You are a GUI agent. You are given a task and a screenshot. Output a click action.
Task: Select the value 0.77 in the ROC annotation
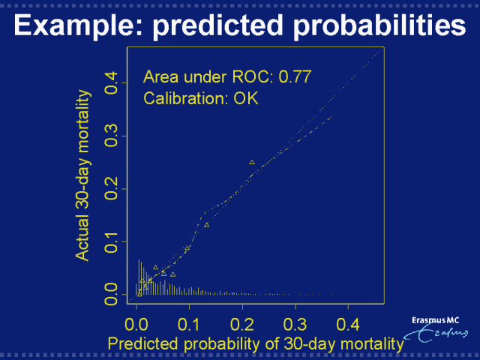(294, 76)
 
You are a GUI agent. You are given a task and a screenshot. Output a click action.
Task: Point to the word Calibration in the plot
(186, 98)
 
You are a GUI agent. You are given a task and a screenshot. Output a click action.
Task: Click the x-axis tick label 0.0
(136, 324)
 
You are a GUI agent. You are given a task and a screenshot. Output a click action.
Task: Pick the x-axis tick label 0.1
(190, 324)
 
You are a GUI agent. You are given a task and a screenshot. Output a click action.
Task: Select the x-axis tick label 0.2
(243, 324)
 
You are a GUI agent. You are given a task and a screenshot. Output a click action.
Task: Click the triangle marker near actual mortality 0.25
(252, 162)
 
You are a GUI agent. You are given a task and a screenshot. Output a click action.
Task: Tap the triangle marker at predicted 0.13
(206, 225)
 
